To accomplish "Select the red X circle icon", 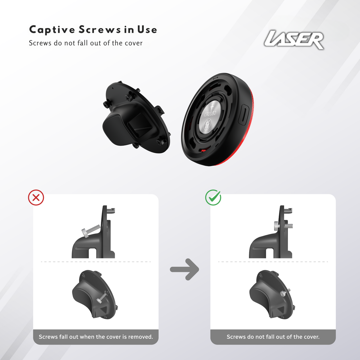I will tap(36, 197).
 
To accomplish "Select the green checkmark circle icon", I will tap(213, 197).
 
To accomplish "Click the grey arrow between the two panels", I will tap(184, 269).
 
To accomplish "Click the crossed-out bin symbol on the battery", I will tap(208, 124).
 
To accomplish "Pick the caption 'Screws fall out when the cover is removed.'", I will tap(96, 337).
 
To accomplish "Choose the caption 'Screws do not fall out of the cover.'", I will tap(273, 337).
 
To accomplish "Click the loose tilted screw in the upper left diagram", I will tap(91, 230).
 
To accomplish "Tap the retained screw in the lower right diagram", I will tap(283, 293).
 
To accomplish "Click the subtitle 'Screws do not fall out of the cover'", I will tap(86, 43).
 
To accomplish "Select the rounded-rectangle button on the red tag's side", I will tap(244, 114).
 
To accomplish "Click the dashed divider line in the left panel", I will tap(96, 262).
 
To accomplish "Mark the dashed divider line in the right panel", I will tap(273, 262).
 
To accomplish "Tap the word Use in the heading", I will tap(147, 30).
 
